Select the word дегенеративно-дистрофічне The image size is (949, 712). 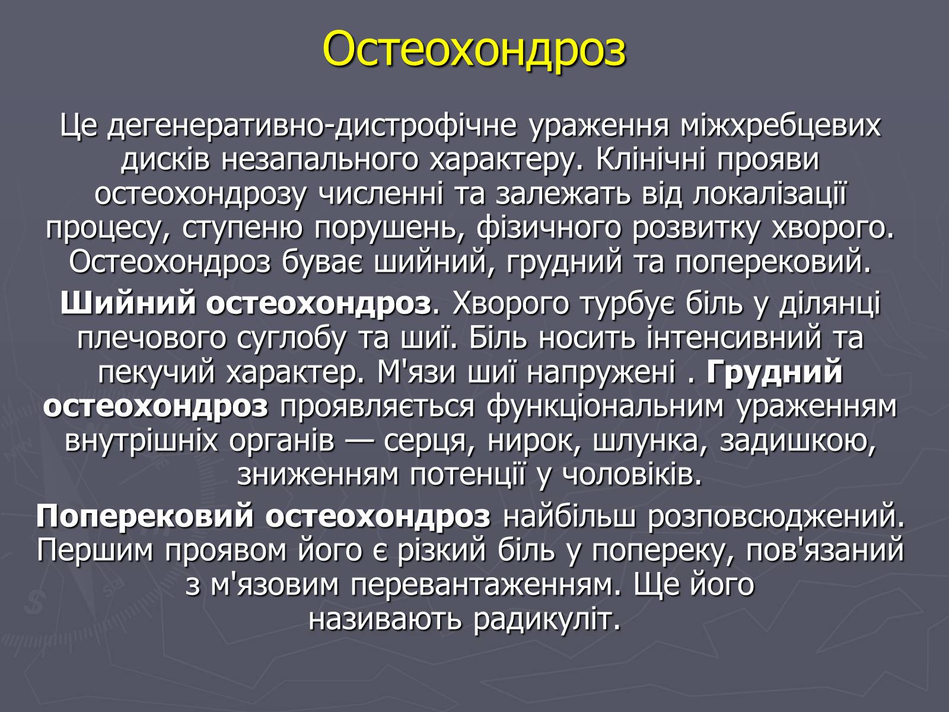pyautogui.click(x=312, y=126)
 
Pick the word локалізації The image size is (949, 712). pyautogui.click(x=769, y=193)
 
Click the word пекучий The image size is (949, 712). pyautogui.click(x=156, y=374)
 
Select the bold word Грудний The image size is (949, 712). pyautogui.click(x=775, y=373)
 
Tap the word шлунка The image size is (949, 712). pyautogui.click(x=650, y=442)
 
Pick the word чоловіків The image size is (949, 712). pyautogui.click(x=631, y=475)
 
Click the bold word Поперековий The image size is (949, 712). pyautogui.click(x=145, y=517)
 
